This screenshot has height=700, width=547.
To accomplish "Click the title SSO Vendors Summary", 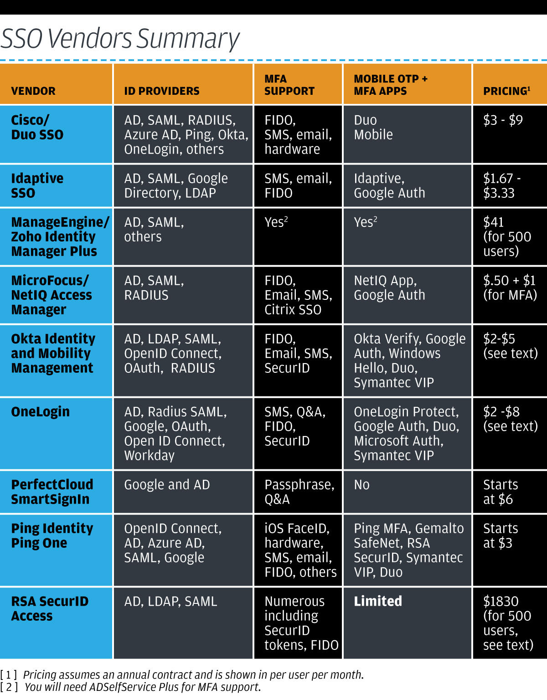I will click(x=120, y=39).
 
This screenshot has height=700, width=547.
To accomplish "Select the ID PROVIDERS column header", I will click(x=162, y=91).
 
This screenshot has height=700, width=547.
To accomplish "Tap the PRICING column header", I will click(x=506, y=91).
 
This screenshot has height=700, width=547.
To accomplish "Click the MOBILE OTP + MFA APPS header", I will click(x=391, y=85).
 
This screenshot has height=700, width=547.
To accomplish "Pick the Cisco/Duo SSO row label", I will click(x=37, y=128).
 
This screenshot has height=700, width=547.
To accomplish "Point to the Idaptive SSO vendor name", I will click(x=37, y=185).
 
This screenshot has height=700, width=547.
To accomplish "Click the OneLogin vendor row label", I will click(x=40, y=412).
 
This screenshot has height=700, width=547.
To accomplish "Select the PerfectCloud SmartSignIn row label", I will click(x=52, y=492).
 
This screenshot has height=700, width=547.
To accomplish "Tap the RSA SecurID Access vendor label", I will click(x=50, y=608).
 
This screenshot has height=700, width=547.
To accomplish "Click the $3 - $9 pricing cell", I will click(x=503, y=120).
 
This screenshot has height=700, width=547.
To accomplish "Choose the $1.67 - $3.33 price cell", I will click(x=501, y=185).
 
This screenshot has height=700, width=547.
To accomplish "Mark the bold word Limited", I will click(x=378, y=601).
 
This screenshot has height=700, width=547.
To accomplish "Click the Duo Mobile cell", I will click(x=373, y=128).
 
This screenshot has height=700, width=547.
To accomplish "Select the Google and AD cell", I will click(x=167, y=485).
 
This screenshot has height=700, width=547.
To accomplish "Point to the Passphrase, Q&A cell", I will click(x=299, y=492).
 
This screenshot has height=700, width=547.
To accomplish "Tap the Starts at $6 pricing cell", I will click(x=500, y=492).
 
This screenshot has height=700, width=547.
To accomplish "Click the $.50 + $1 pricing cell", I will click(x=510, y=288).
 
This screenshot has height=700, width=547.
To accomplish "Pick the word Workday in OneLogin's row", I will click(x=150, y=456).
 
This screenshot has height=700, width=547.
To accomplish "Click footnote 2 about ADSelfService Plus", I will click(x=141, y=687).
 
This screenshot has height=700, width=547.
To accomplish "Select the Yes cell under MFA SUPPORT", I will click(x=276, y=222).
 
